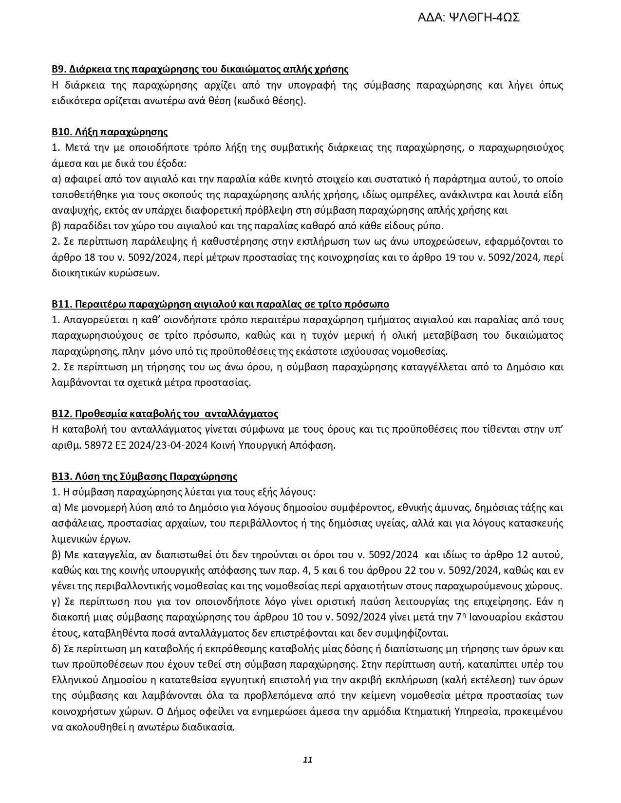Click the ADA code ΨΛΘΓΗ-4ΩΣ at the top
point(469,18)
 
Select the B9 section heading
point(200,69)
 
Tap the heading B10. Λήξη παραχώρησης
point(110,132)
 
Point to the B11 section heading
point(220,304)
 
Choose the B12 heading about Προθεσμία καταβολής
point(165,414)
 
